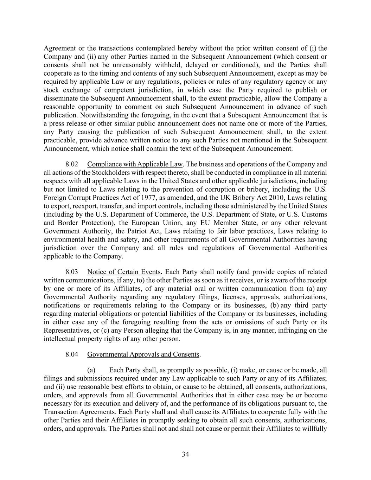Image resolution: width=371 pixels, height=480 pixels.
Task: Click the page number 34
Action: [185, 454]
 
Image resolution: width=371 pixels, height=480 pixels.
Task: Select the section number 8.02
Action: [72, 164]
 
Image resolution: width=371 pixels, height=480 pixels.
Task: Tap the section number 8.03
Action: [72, 272]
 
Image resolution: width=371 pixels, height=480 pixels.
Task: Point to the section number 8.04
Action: [72, 354]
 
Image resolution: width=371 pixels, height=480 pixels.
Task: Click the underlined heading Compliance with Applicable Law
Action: [135, 164]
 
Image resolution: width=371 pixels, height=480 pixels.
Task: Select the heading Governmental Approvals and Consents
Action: [143, 354]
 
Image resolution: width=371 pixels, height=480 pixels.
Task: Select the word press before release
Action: [56, 123]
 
